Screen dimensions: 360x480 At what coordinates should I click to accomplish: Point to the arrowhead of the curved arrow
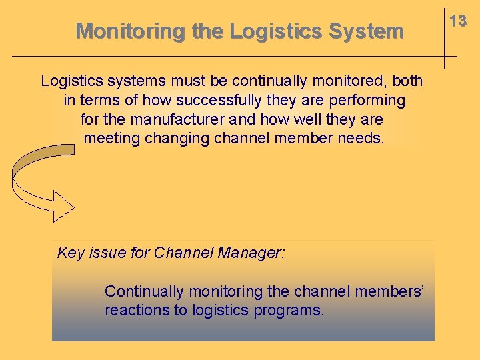[x=63, y=205]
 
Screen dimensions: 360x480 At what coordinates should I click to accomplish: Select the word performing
[x=371, y=101]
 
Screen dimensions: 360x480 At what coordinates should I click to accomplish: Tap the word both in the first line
[x=407, y=81]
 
